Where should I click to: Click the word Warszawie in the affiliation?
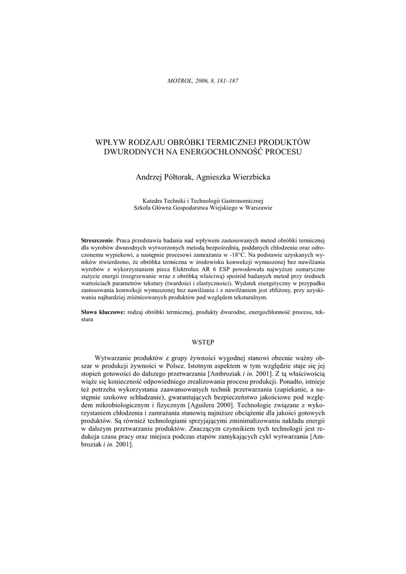pos(256,207)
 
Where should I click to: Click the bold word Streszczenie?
pos(97,240)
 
